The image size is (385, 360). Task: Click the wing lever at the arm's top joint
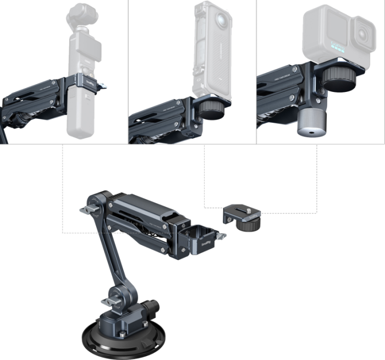[x=87, y=210]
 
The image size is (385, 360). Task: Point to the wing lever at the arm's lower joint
[x=109, y=302]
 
